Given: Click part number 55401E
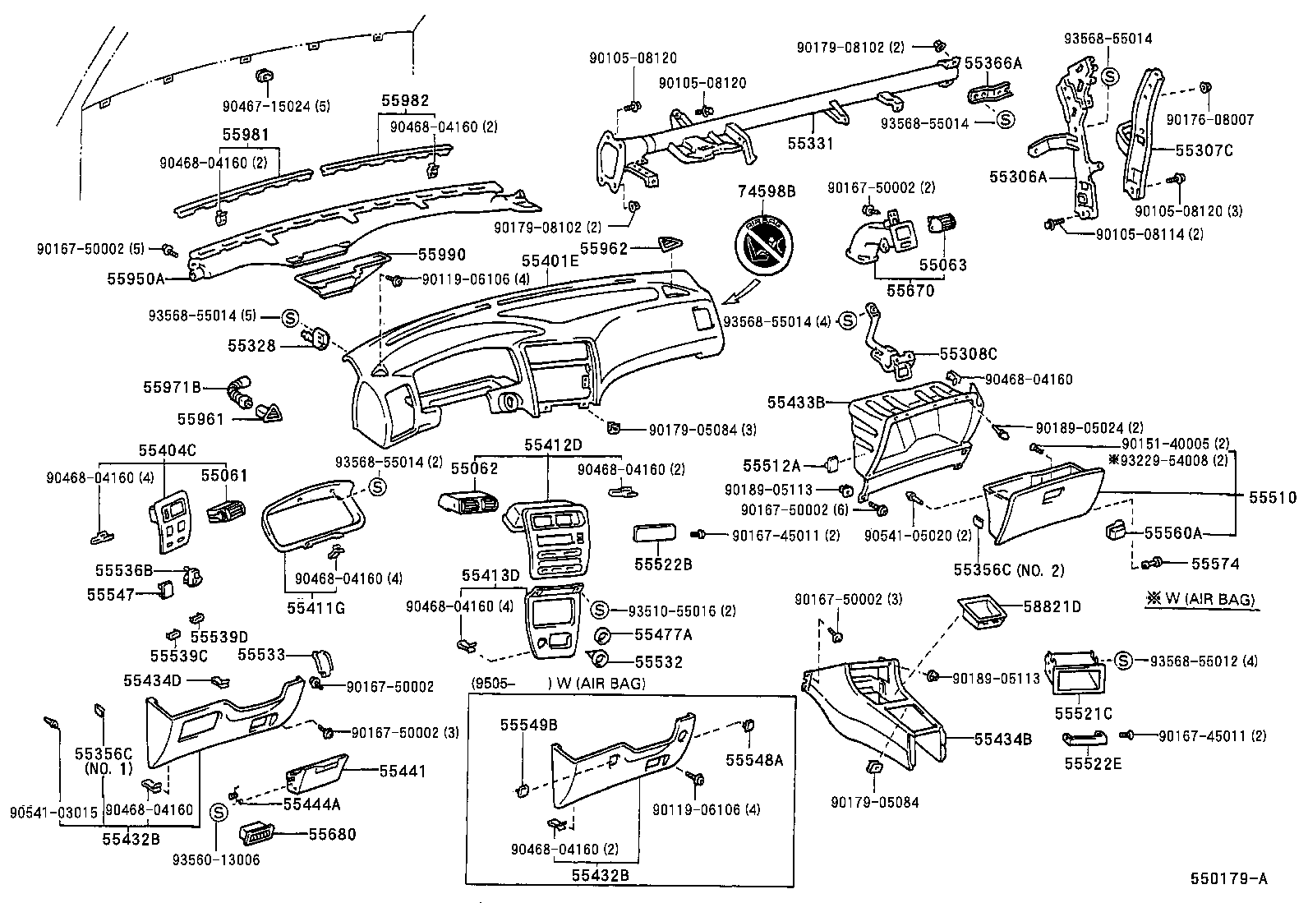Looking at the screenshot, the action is pos(550,260).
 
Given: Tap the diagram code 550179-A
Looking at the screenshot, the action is pos(1229,878).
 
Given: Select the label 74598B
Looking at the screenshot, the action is pos(766,191).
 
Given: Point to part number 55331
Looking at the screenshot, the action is pos(810,143).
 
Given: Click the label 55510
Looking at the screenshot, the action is pos(1273,497).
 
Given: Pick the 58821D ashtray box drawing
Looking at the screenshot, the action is pos(982,613).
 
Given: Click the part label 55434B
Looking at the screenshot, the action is pos(1002,739).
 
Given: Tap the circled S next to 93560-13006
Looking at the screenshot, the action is pos(218,813).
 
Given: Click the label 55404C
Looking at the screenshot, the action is pos(167,450).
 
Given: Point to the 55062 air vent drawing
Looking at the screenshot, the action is pos(468,503).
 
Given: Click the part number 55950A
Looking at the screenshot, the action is pos(136,279).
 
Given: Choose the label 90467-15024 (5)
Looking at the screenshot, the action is pos(276,106).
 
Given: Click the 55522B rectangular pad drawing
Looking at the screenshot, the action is pos(655,532).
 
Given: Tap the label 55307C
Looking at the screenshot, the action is pos(1204,150).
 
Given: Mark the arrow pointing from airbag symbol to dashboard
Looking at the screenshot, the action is pos(741,292).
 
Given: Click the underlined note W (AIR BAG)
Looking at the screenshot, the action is pos(1201,599).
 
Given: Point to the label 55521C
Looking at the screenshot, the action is pos(1083,714).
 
